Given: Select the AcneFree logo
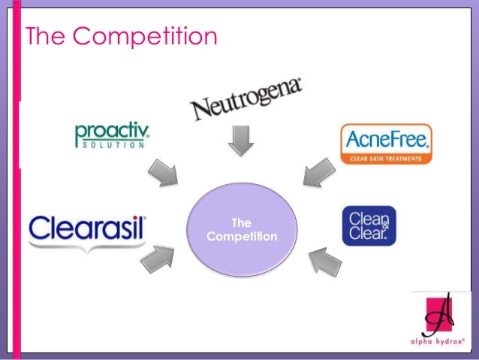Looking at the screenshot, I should click(x=386, y=144).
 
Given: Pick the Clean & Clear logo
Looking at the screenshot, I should click(x=368, y=226).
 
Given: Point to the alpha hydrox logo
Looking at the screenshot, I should click(x=442, y=320).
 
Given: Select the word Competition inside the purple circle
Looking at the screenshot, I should click(x=241, y=237).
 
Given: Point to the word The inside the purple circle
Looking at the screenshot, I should click(x=241, y=223).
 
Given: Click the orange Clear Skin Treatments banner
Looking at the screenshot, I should click(x=385, y=158).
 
